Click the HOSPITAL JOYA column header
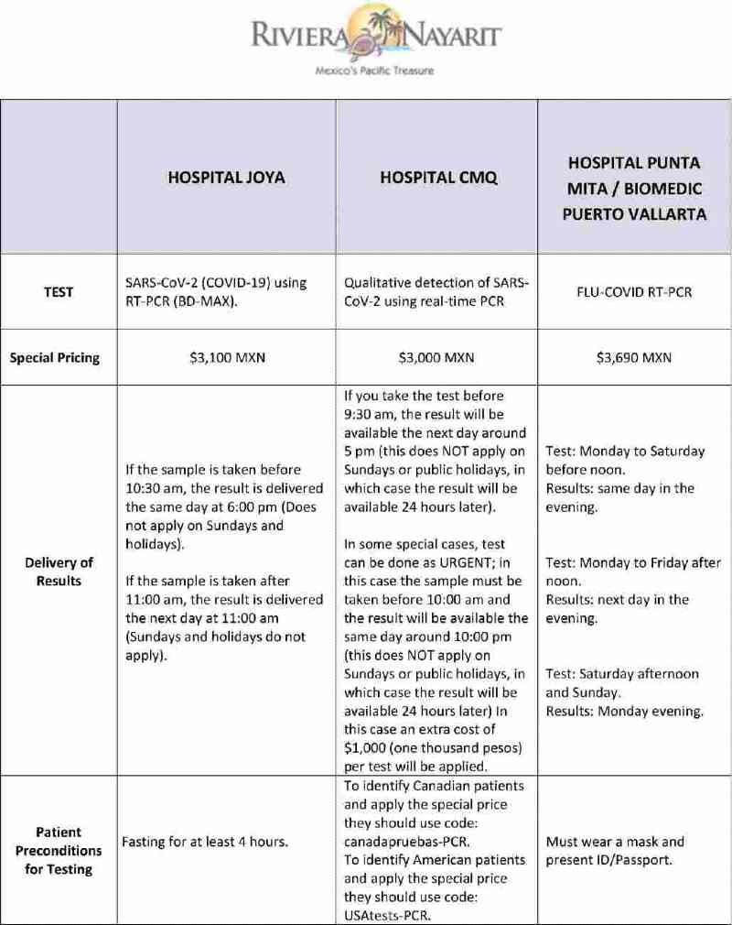(226, 178)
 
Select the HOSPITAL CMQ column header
(438, 178)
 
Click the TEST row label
(59, 292)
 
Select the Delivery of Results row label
(59, 571)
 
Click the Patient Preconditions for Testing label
(59, 850)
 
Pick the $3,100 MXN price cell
(226, 357)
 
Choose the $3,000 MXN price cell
(436, 357)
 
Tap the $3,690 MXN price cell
(634, 357)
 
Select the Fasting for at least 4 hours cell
(206, 842)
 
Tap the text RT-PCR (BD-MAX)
(181, 301)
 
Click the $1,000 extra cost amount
(366, 747)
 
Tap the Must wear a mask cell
(614, 842)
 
